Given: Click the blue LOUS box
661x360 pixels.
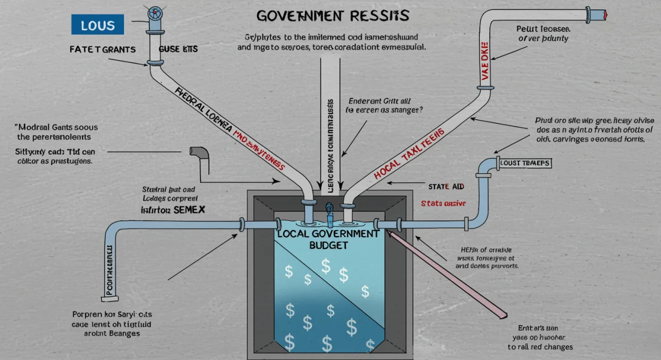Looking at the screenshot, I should (x=97, y=25).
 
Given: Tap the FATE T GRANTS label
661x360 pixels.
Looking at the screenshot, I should (x=102, y=50).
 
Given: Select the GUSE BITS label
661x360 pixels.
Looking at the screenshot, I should (x=178, y=50).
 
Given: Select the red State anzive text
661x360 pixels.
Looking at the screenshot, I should (x=443, y=203).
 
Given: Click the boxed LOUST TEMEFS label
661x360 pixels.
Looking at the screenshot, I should (x=524, y=163).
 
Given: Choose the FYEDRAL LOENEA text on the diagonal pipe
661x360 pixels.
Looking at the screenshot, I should (x=202, y=110).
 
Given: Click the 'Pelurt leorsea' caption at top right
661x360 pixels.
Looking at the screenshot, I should (x=542, y=29).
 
